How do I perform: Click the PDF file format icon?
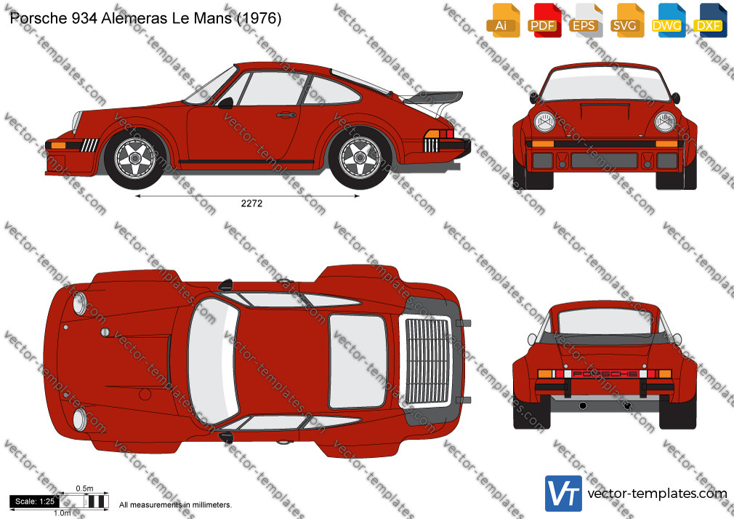544,20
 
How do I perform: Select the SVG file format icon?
626,20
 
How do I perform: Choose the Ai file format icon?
503,20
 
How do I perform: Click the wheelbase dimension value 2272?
251,204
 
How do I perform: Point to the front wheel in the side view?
135,158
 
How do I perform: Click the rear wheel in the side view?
360,158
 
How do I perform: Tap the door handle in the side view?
286,115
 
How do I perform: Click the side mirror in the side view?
225,102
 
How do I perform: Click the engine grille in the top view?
427,361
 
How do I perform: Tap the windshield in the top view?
213,361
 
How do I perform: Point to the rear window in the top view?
358,361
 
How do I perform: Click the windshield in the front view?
605,84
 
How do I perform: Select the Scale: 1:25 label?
35,502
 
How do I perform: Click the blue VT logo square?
564,494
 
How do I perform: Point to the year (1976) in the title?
259,18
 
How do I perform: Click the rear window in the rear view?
604,321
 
